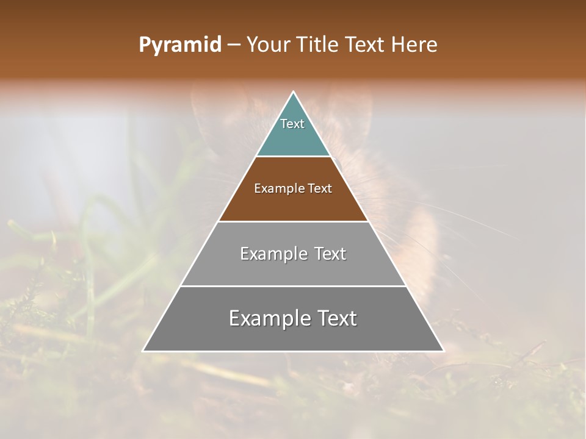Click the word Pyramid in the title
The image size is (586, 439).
point(179,45)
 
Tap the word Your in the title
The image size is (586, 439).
point(269,45)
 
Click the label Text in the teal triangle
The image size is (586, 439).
point(292,124)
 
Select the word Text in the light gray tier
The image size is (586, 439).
point(330,254)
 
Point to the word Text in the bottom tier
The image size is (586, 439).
point(337,318)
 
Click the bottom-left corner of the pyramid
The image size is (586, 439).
point(143,351)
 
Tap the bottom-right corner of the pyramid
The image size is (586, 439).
point(444,351)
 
